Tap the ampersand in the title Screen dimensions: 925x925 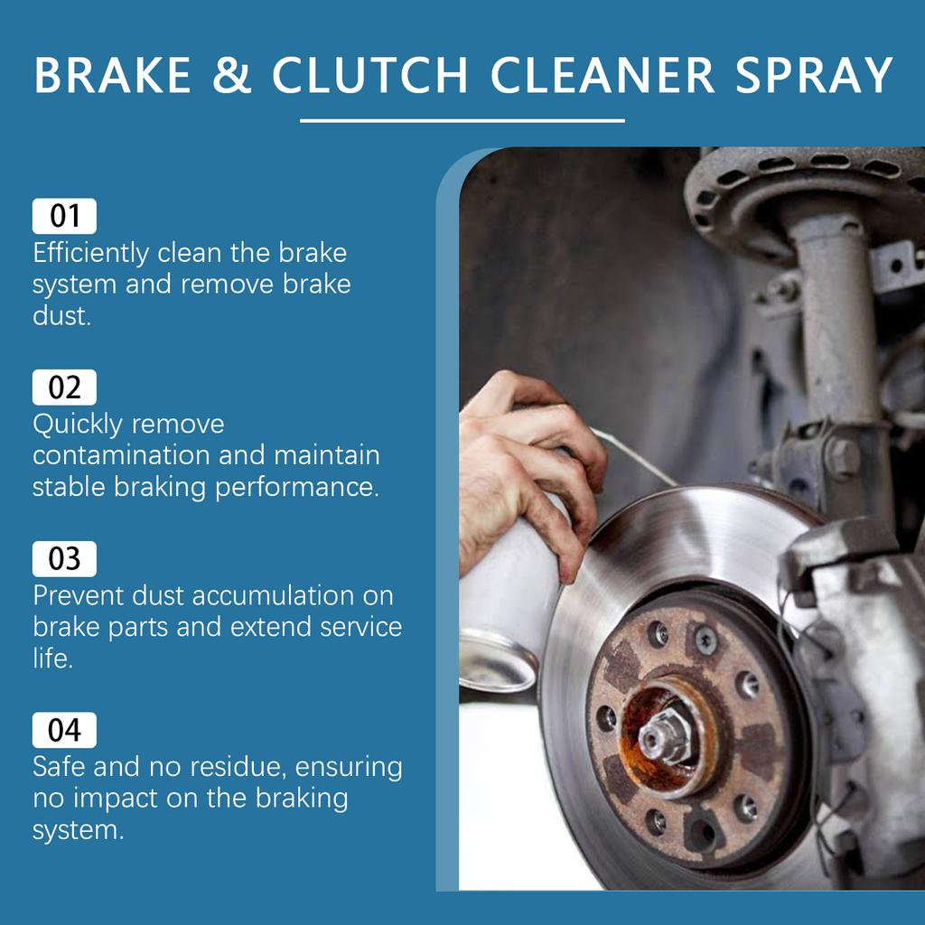tap(233, 77)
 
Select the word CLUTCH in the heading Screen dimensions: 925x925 tap(369, 77)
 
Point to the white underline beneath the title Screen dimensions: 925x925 tap(462, 120)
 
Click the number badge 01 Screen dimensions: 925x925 tap(64, 217)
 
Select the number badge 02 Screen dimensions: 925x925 tap(64, 388)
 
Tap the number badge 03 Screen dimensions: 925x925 tap(64, 559)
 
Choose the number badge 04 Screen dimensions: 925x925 tap(64, 730)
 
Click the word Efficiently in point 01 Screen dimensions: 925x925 tap(90, 253)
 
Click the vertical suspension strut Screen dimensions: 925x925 tap(836, 334)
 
